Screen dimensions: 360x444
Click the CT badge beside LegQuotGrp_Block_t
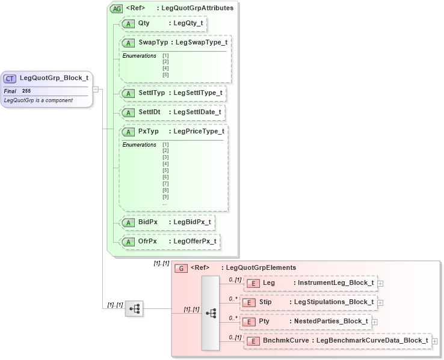coord(10,78)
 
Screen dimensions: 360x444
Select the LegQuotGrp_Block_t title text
coord(54,78)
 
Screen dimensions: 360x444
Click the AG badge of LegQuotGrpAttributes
coord(116,8)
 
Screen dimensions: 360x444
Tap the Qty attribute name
coord(144,23)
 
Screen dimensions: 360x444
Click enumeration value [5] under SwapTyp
coord(165,75)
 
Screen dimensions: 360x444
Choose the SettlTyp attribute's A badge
coord(128,93)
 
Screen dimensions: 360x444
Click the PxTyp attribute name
coord(149,132)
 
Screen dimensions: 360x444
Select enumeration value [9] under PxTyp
coord(165,197)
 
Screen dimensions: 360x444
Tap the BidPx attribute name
coord(147,222)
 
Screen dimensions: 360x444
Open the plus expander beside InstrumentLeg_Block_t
coord(381,283)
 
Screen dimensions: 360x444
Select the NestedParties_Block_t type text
coord(330,322)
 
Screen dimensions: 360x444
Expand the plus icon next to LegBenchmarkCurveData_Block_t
coord(435,341)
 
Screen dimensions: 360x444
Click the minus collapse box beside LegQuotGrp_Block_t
coord(96,89)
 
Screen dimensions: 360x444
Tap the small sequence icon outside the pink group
coord(134,309)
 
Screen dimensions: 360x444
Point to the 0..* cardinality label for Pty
coord(233,318)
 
